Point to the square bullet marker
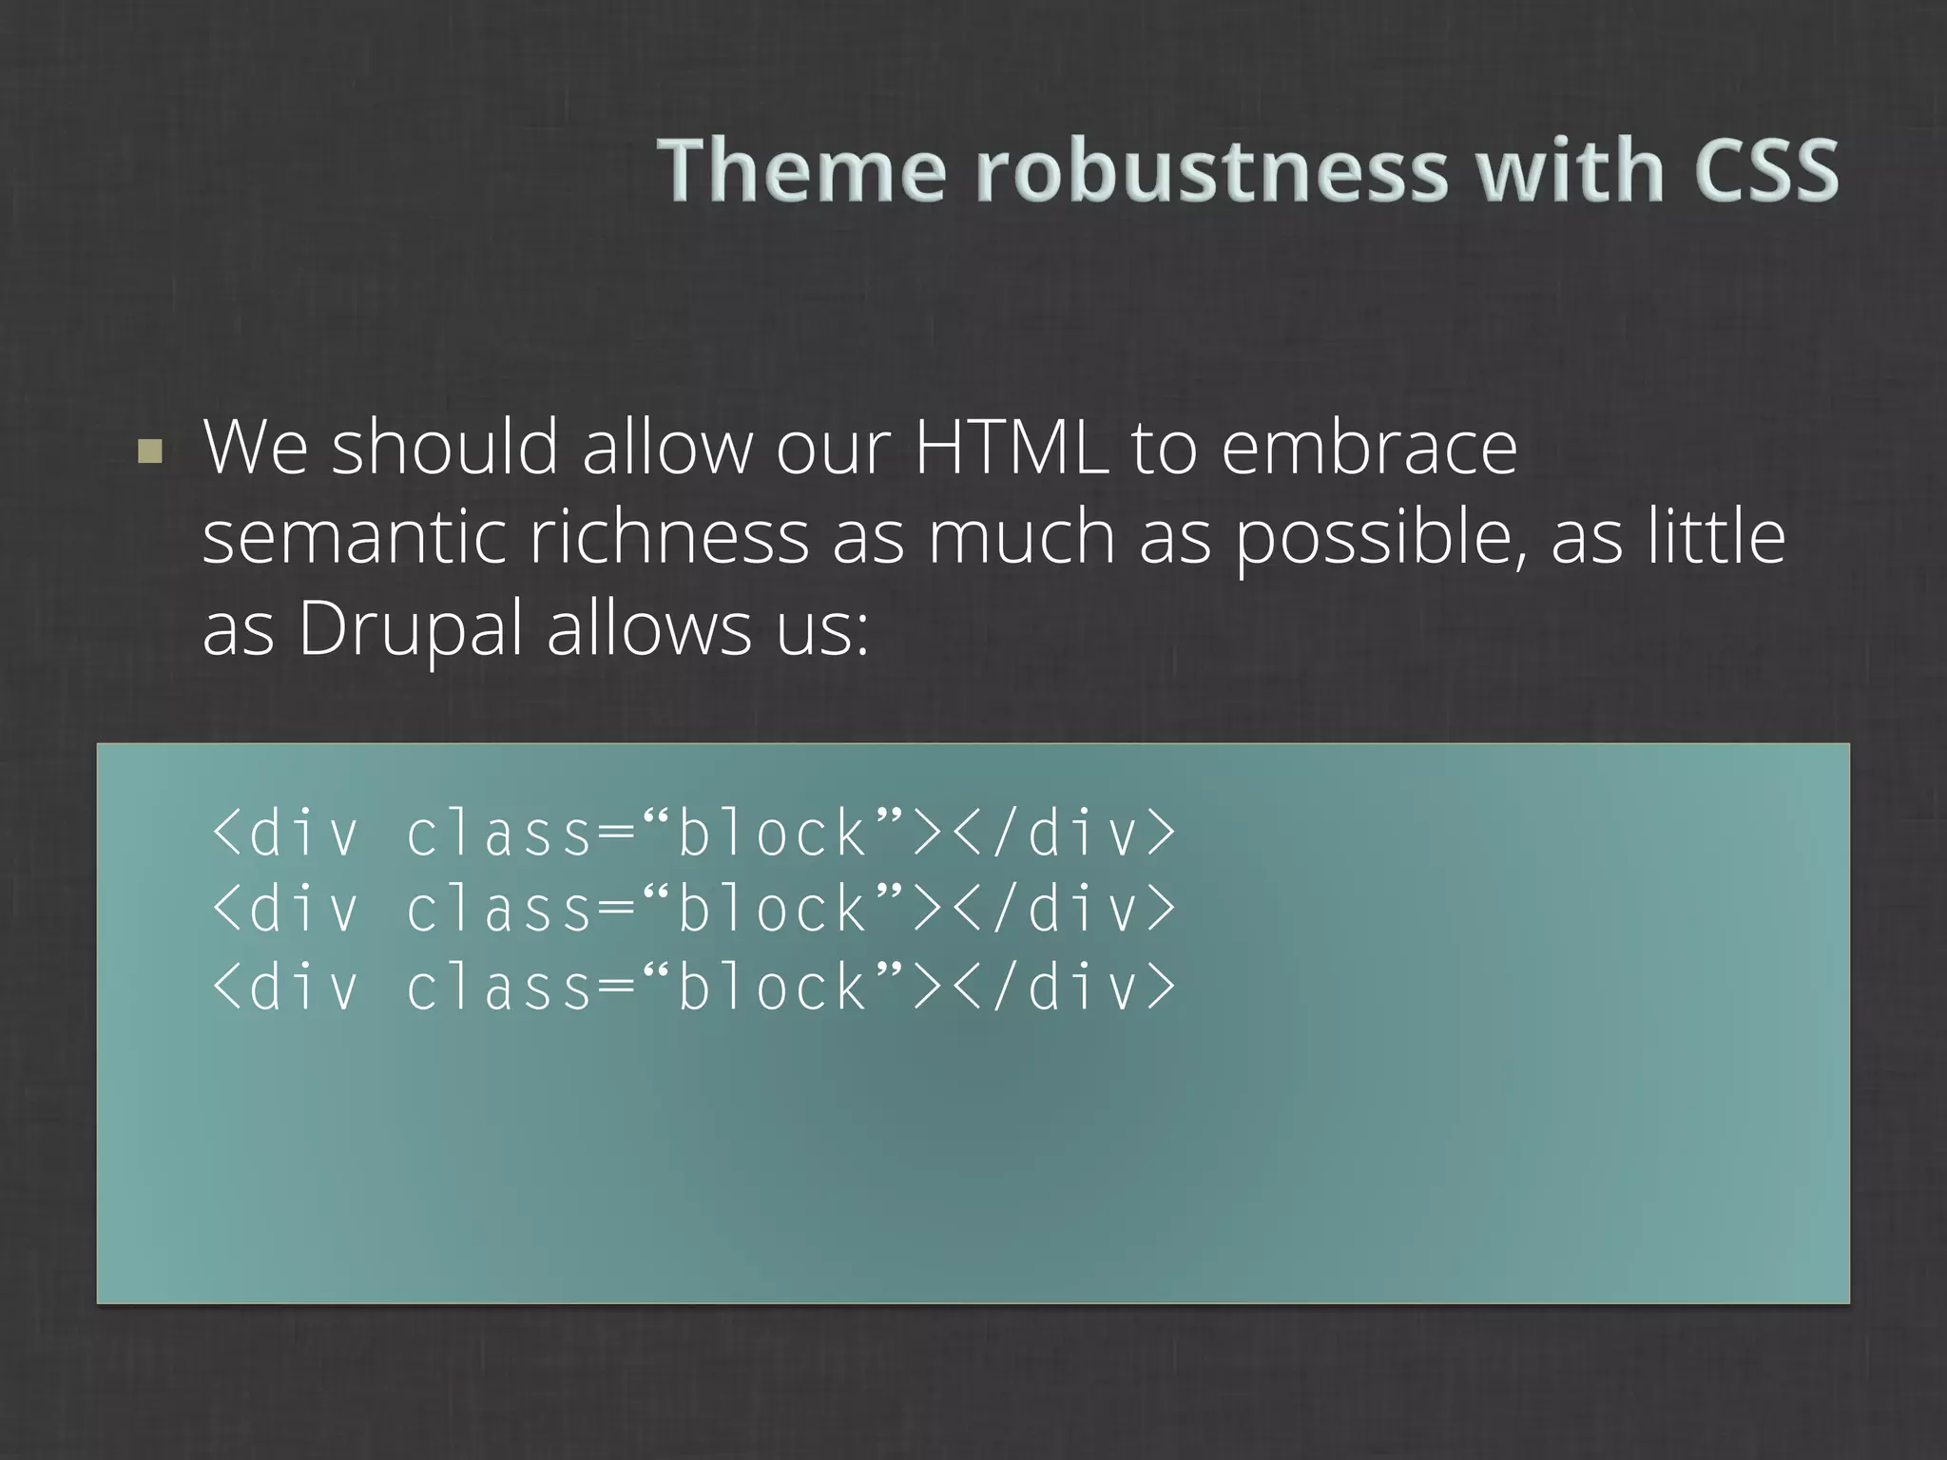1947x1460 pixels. [x=149, y=451]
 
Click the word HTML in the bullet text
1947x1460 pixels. [x=1011, y=447]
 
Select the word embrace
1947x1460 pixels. [x=1368, y=447]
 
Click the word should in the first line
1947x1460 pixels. [x=444, y=447]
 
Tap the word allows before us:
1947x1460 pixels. [x=648, y=627]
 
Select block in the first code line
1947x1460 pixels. [x=771, y=833]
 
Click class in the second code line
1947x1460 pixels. [x=500, y=909]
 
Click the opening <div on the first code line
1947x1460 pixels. [x=284, y=833]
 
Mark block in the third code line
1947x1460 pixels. [x=771, y=987]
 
